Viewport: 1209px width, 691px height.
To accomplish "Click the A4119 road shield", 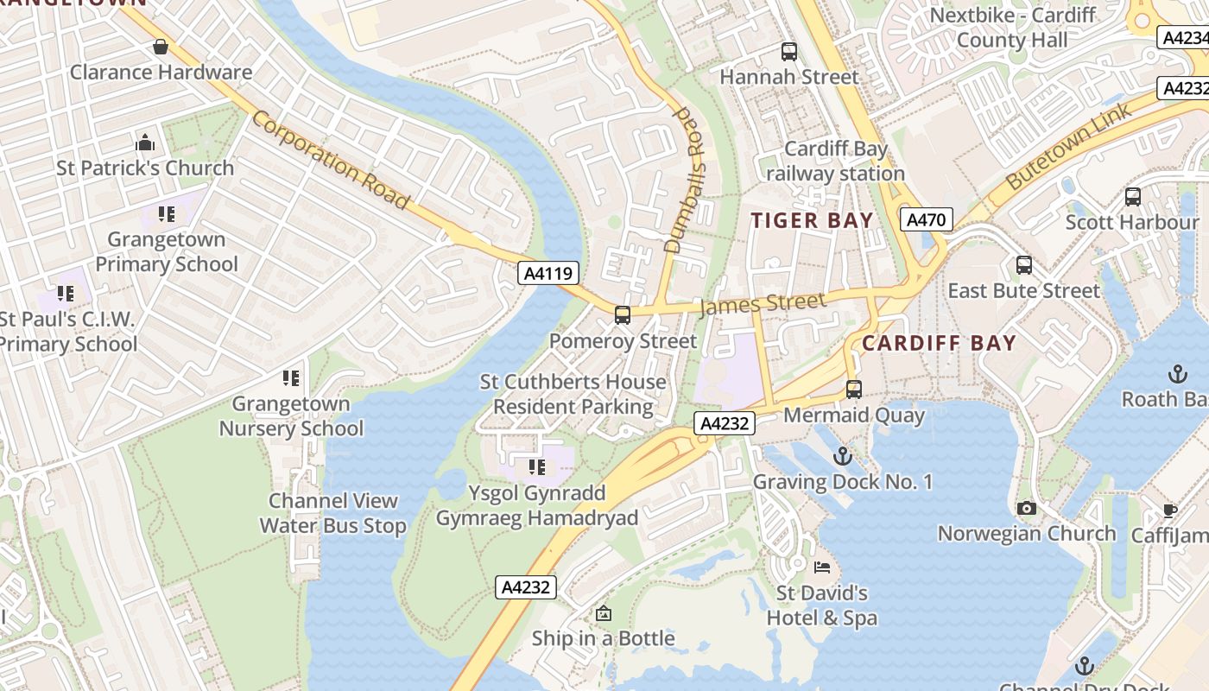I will pos(548,274).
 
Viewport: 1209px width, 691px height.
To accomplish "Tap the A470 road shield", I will pos(927,219).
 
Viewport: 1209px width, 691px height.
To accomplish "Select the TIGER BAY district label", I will pos(812,220).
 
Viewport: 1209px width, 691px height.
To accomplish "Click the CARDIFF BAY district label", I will pos(939,343).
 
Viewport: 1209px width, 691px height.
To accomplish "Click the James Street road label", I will pos(762,303).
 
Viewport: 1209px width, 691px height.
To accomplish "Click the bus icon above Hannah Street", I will pos(789,52).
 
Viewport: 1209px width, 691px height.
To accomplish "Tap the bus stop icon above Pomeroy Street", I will pos(622,315).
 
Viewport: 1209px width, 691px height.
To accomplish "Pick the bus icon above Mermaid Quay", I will pos(854,390).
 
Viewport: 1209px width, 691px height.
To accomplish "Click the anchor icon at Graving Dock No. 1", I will pos(842,456).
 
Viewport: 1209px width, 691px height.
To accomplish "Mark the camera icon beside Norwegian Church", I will pos(1026,508).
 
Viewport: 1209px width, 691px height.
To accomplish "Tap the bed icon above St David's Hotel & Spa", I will pos(822,567).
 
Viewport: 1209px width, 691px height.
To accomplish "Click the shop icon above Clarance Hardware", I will pos(161,47).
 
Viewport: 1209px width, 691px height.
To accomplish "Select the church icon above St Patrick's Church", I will pos(145,143).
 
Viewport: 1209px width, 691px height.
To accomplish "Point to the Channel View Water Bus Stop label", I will pos(332,513).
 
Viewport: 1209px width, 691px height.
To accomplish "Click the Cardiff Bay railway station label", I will pos(835,161).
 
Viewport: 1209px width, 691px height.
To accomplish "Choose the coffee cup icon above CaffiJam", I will pos(1170,510).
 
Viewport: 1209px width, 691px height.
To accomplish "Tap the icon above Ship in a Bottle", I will pos(603,613).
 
